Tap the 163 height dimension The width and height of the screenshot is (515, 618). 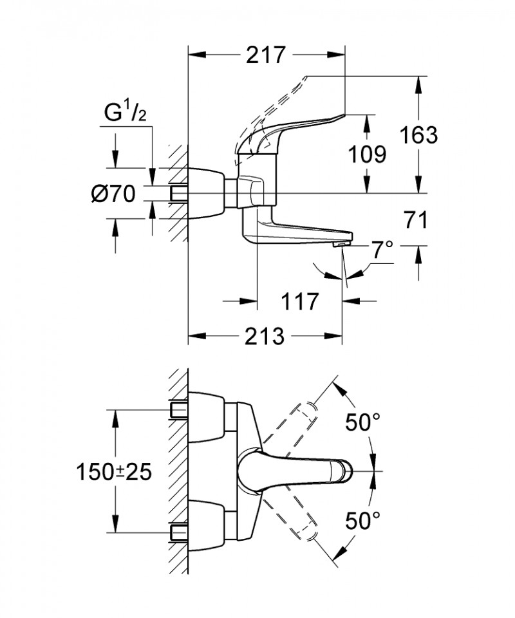pyautogui.click(x=418, y=135)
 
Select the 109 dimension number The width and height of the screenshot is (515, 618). pyautogui.click(x=368, y=154)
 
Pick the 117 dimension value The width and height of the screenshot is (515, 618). pyautogui.click(x=299, y=301)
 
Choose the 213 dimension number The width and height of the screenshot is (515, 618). pyautogui.click(x=265, y=335)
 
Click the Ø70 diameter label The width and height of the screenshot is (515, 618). pyautogui.click(x=113, y=193)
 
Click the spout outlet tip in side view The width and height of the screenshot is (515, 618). pyautogui.click(x=341, y=243)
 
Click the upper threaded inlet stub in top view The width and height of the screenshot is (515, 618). pyautogui.click(x=178, y=409)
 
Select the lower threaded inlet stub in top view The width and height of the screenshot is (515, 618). pyautogui.click(x=178, y=531)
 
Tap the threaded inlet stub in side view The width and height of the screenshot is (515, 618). pyautogui.click(x=178, y=193)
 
